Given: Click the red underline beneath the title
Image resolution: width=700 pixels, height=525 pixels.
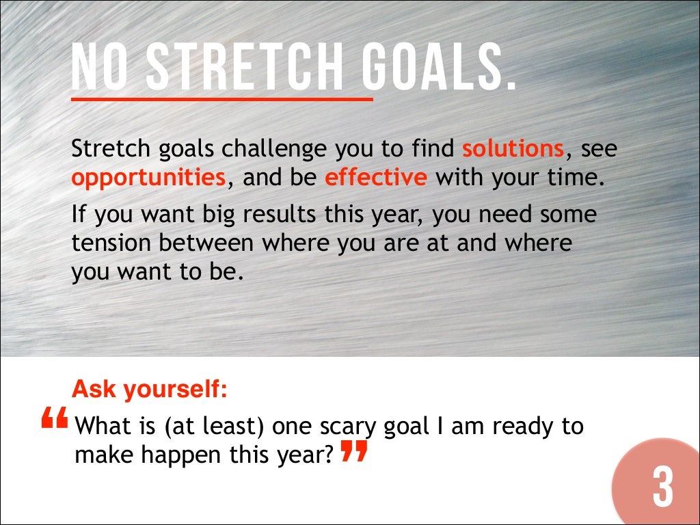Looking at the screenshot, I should click(x=222, y=99).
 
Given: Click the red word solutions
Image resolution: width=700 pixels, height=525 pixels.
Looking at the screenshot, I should click(x=513, y=148).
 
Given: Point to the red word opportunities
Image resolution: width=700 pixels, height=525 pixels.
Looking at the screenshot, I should click(x=148, y=178).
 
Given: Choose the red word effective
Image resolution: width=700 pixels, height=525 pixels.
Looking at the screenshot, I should click(x=376, y=178).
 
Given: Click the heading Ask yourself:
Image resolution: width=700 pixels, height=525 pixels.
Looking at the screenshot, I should click(x=149, y=390).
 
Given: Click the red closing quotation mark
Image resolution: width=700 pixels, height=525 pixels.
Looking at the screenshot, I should click(x=353, y=451).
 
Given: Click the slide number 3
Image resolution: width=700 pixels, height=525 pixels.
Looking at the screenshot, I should click(x=661, y=487).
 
